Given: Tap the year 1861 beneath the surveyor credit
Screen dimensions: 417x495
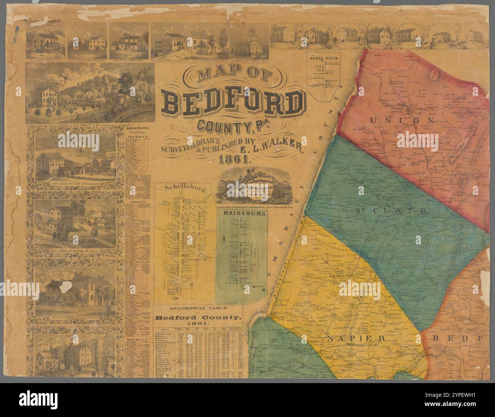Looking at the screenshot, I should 234,160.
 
